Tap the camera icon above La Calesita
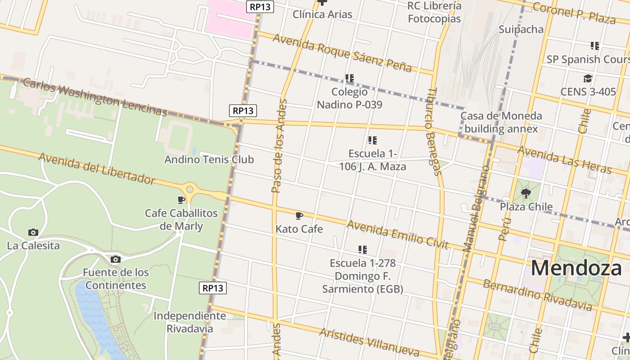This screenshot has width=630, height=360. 33,233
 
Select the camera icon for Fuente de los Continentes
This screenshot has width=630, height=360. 116,259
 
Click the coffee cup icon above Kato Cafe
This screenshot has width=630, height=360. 299,216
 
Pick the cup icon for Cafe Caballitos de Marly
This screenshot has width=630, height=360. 181,200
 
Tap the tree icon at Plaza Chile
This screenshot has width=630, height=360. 526,194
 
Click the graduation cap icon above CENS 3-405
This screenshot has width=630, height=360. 588,79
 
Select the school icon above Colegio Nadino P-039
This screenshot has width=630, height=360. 350,78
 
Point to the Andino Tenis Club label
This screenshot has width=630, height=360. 209,159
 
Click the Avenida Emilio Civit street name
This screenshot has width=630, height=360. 397,234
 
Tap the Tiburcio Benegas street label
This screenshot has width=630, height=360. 433,131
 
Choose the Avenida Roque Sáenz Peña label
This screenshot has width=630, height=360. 342,52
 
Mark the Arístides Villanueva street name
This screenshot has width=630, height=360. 369,342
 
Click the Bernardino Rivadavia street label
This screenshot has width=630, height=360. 537,295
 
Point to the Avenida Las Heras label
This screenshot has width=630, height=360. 564,160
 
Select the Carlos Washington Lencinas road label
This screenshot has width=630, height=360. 94,97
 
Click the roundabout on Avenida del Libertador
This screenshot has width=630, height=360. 190,189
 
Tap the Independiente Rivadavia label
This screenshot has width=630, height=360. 190,322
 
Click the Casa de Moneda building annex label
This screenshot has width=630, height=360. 501,122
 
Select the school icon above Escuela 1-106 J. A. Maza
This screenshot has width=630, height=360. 372,140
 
